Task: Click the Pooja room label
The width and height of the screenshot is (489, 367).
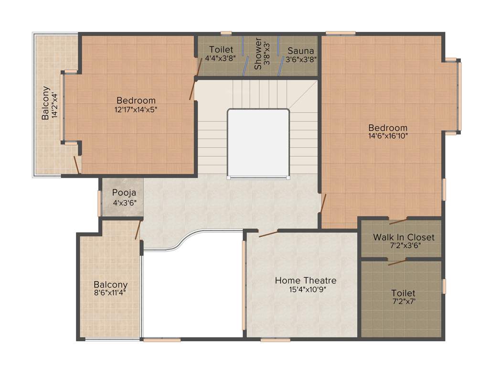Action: coord(124,193)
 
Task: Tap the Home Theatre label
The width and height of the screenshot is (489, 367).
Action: coord(306,281)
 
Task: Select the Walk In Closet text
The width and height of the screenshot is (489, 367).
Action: coord(404,237)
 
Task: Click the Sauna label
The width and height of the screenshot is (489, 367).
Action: coord(301,51)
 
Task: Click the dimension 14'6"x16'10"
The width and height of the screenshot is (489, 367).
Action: coord(388,136)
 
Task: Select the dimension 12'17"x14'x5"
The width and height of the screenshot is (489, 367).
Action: coord(136,109)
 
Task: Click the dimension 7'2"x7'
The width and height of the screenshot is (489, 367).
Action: coord(403,301)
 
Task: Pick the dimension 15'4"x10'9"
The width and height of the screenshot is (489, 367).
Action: coord(306,289)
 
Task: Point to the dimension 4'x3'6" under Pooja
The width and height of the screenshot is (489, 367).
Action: coord(124,202)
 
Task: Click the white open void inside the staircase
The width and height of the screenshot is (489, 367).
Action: coord(258,143)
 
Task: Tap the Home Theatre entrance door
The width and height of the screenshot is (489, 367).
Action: coord(268,234)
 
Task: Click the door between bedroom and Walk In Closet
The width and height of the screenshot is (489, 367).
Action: coord(398,221)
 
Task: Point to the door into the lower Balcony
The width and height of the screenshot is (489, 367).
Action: coord(138,230)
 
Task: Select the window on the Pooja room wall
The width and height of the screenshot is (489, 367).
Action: coord(100,203)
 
